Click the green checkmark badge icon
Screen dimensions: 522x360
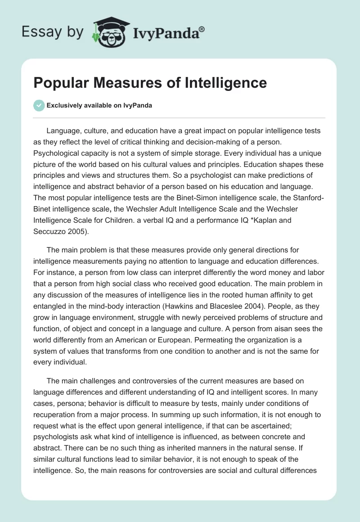pyautogui.click(x=39, y=105)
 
